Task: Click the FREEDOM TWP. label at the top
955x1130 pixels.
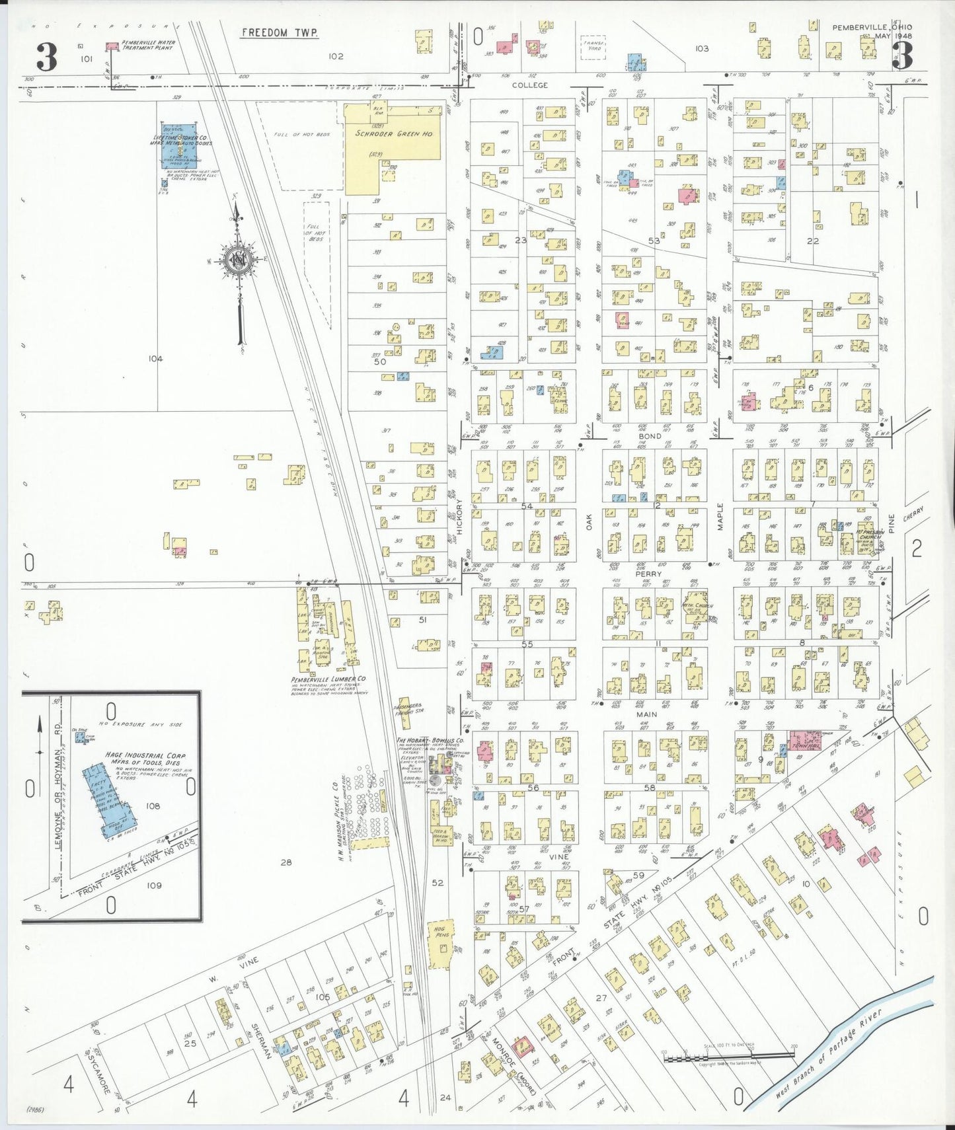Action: (x=280, y=32)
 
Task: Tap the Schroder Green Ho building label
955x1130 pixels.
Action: (x=394, y=133)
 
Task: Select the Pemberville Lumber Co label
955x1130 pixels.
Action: (x=328, y=679)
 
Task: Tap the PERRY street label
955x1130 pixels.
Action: (x=648, y=574)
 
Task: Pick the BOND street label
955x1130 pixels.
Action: (x=650, y=436)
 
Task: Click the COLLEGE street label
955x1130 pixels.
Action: (x=530, y=85)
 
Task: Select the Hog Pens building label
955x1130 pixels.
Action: (x=442, y=934)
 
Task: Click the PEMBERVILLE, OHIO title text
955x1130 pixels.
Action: (x=872, y=27)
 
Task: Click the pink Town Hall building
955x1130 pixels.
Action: (x=804, y=740)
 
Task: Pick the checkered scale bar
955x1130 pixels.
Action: (x=727, y=1058)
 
